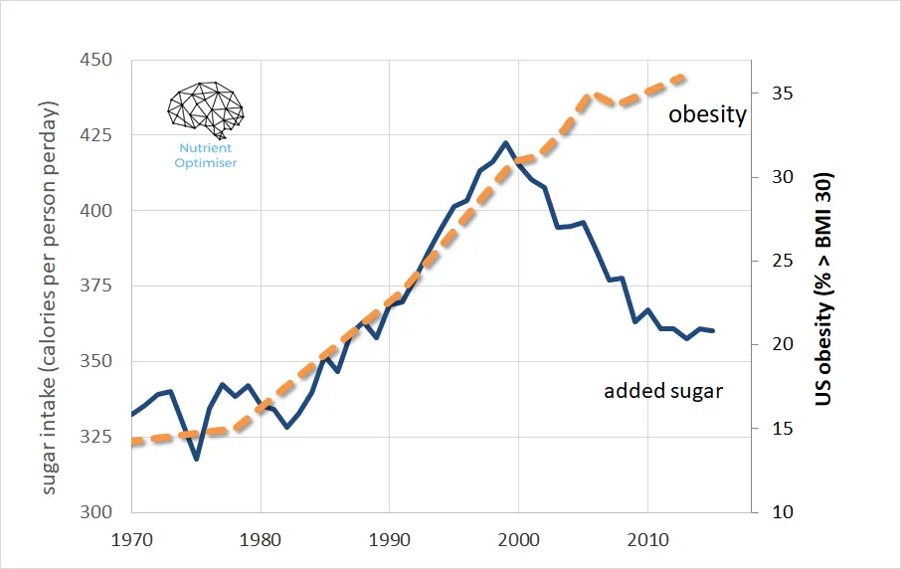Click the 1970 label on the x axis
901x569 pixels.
click(x=131, y=543)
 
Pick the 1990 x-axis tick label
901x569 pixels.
click(x=390, y=543)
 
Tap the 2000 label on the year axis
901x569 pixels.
click(x=518, y=543)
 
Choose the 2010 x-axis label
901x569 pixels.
click(x=647, y=543)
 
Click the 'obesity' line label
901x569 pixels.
click(x=707, y=114)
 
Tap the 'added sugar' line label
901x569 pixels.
click(x=663, y=391)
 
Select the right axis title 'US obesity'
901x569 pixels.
click(x=824, y=288)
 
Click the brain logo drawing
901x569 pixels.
click(x=206, y=109)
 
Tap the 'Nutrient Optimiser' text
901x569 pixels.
click(x=207, y=155)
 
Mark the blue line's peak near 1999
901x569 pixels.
click(x=505, y=142)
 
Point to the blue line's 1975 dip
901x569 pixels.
click(x=197, y=459)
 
